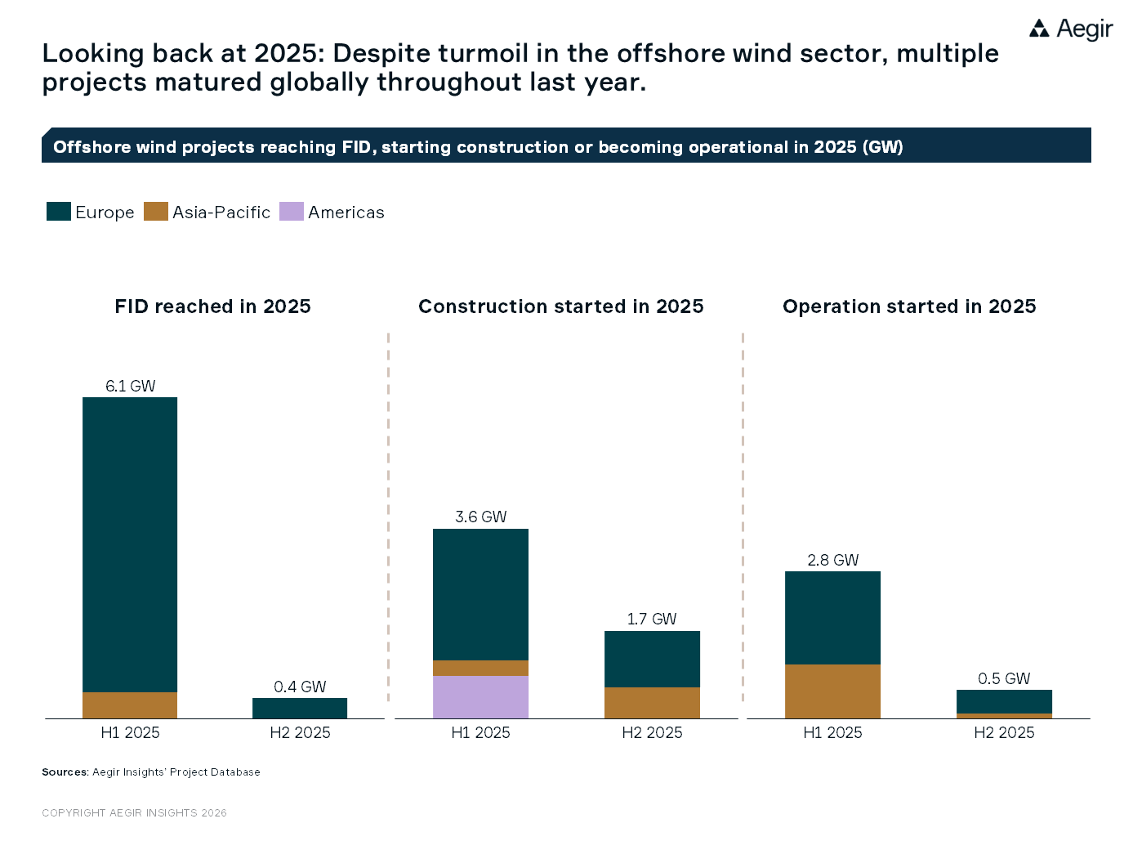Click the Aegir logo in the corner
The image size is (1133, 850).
pos(1070,29)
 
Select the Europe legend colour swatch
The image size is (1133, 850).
pos(59,212)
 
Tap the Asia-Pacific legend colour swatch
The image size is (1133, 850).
pos(155,212)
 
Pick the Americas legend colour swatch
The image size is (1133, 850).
pos(291,212)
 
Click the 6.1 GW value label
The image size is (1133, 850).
pos(130,386)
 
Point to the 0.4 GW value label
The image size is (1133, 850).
pos(300,687)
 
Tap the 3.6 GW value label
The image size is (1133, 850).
pos(480,517)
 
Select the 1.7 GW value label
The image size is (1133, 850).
pos(652,619)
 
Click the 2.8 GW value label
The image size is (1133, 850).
pos(832,560)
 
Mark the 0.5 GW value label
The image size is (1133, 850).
pos(1004,678)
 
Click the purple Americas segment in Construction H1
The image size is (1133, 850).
pos(480,697)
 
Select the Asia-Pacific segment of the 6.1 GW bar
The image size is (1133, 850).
pos(130,705)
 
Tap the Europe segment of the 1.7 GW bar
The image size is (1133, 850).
pos(652,659)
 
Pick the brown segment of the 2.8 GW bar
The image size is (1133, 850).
pos(832,691)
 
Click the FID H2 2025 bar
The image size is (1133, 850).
pos(300,708)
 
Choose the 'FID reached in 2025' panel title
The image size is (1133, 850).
pos(212,306)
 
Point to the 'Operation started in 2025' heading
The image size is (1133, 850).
pos(909,306)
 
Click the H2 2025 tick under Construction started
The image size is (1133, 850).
pos(652,733)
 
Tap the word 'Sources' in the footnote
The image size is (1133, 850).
pos(65,772)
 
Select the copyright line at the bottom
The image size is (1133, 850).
pos(134,813)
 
